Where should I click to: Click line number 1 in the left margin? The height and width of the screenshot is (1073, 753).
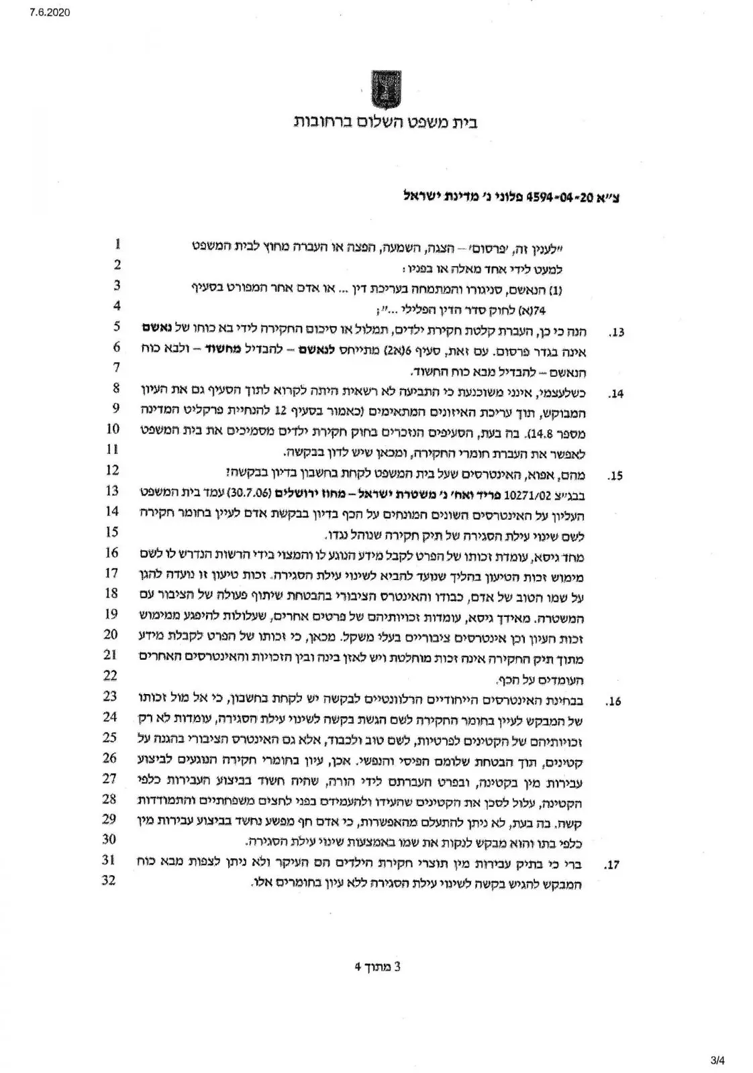pyautogui.click(x=118, y=243)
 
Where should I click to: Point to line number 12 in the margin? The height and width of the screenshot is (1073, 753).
pyautogui.click(x=113, y=469)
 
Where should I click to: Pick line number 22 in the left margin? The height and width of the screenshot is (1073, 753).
pyautogui.click(x=111, y=675)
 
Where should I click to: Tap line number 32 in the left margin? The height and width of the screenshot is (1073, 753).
pyautogui.click(x=109, y=880)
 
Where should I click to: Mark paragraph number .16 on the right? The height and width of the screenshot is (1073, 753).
pyautogui.click(x=613, y=702)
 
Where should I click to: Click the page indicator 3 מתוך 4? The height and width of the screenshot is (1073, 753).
pyautogui.click(x=377, y=966)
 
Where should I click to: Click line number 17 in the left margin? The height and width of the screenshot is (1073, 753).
pyautogui.click(x=112, y=572)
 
